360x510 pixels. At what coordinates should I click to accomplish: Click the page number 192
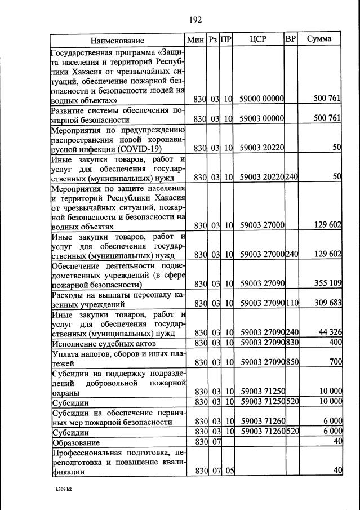tap(195, 20)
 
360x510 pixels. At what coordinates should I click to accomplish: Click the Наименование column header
tap(117, 40)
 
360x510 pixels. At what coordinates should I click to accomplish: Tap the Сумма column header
tap(319, 39)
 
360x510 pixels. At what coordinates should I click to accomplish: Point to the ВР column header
tap(291, 39)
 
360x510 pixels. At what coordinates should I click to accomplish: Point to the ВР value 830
tap(292, 343)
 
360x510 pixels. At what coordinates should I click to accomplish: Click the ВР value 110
tap(292, 303)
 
